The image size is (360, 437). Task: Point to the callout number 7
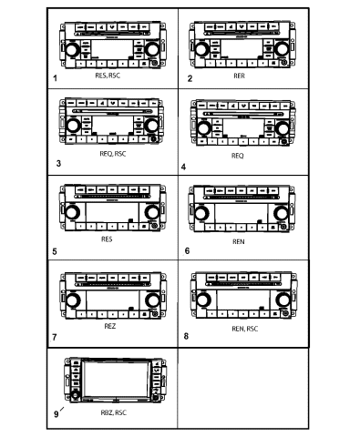(x=56, y=337)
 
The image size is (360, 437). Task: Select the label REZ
(x=109, y=326)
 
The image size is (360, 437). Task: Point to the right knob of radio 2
(x=280, y=47)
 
